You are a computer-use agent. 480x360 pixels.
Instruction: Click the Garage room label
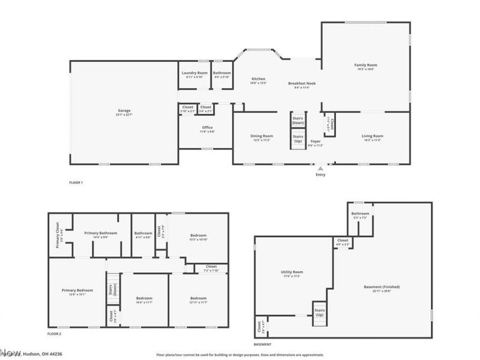coord(124,111)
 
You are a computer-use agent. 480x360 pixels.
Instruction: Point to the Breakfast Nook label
coord(298,83)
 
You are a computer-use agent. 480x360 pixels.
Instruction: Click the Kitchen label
coord(258,79)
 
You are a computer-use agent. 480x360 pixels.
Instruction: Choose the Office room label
coord(207,127)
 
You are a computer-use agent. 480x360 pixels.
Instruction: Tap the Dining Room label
coord(262,136)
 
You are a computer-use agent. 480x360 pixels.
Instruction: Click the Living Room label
coord(373,136)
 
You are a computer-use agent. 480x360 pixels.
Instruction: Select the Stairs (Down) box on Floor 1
coord(298,120)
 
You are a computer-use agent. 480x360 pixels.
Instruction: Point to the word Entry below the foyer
coord(321,175)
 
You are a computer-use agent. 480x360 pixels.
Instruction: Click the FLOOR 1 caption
coord(76,182)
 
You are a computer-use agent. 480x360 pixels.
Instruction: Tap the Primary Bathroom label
coord(100,233)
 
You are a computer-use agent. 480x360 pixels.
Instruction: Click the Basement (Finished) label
coord(382,287)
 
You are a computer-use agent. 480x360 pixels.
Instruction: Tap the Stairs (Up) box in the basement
coord(319,312)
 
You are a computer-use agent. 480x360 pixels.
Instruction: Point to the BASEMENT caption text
coord(263,344)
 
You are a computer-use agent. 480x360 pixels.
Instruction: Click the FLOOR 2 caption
coord(55,334)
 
